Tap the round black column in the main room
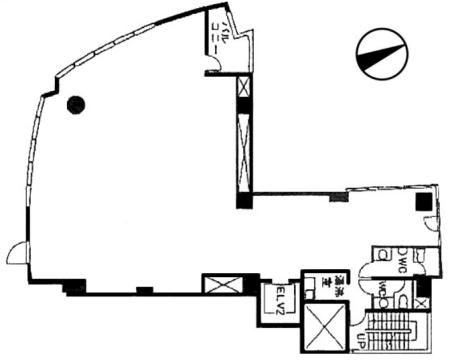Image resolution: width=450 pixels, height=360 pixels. coord(75,102)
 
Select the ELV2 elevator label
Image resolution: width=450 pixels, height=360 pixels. coord(280,300)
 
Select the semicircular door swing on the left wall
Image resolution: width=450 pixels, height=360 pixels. coord(17,253)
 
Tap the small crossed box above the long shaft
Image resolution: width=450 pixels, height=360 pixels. coord(244,87)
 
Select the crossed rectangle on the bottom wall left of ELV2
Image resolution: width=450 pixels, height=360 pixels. coord(219,285)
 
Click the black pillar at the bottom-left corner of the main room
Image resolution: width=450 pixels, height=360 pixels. coord(73,288)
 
